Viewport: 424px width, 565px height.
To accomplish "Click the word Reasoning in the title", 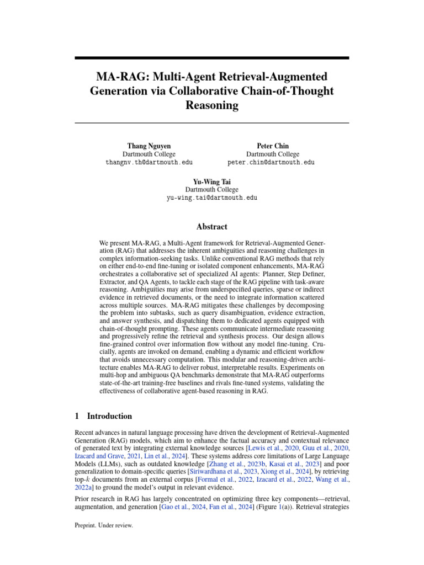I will tap(212, 105).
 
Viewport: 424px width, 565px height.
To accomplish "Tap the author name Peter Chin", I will tap(273, 146).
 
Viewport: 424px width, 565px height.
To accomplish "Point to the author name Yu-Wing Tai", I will tap(211, 181).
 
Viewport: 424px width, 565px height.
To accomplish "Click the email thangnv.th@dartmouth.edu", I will tap(149, 163).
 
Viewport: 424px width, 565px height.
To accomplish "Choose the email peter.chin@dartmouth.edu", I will tap(271, 163).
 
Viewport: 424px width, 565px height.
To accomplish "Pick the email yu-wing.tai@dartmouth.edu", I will tap(212, 198).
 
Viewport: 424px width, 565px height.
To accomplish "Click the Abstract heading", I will tap(212, 227).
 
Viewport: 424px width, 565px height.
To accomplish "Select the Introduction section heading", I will tap(109, 417).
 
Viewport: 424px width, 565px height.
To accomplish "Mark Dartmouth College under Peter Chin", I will tap(273, 154).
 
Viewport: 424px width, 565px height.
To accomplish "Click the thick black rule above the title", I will tap(212, 58).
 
